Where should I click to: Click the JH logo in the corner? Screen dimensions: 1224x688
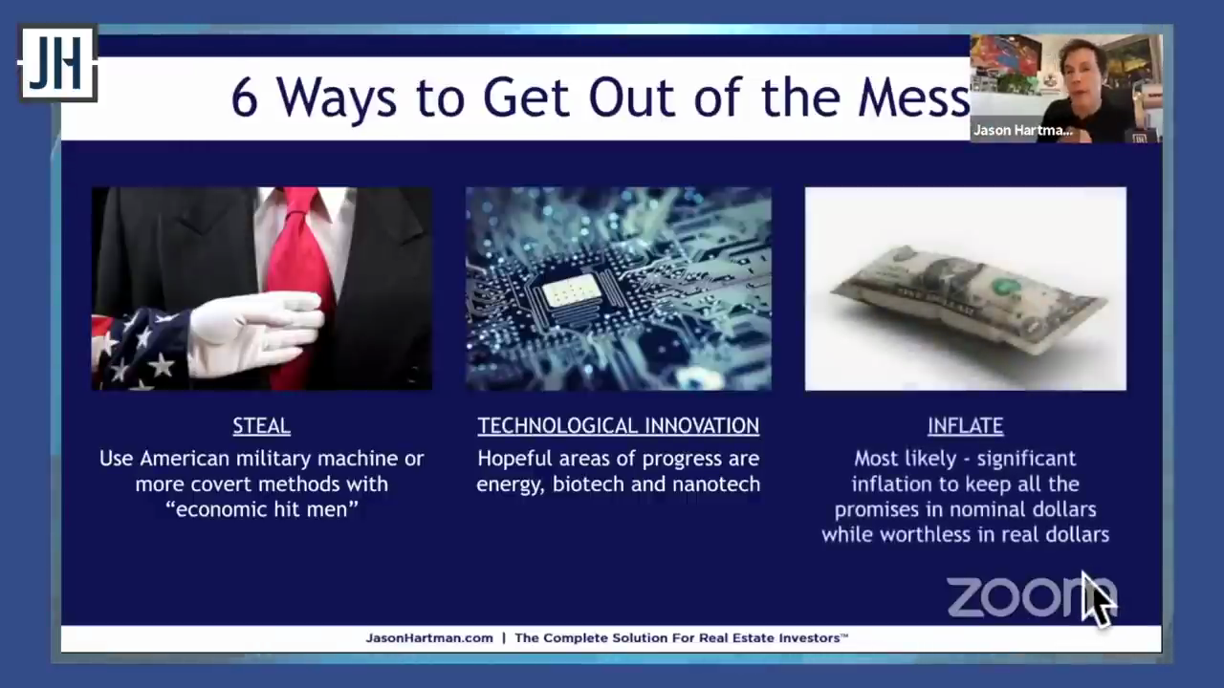[x=58, y=63]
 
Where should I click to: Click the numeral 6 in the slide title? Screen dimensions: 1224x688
[x=244, y=98]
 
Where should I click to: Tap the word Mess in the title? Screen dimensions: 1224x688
[x=913, y=98]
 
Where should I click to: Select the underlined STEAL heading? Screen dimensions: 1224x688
[x=261, y=426]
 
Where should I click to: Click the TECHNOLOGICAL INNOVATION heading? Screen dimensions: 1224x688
[x=618, y=426]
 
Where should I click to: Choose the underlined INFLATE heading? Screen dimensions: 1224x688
[x=965, y=426]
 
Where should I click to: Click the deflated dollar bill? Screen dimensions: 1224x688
[x=967, y=299]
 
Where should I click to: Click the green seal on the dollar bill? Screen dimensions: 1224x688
[x=1003, y=286]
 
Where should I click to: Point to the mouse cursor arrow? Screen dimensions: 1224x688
[x=1097, y=599]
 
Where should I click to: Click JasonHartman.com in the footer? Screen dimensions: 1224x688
[x=429, y=637]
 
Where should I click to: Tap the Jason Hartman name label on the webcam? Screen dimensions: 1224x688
[x=1022, y=131]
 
